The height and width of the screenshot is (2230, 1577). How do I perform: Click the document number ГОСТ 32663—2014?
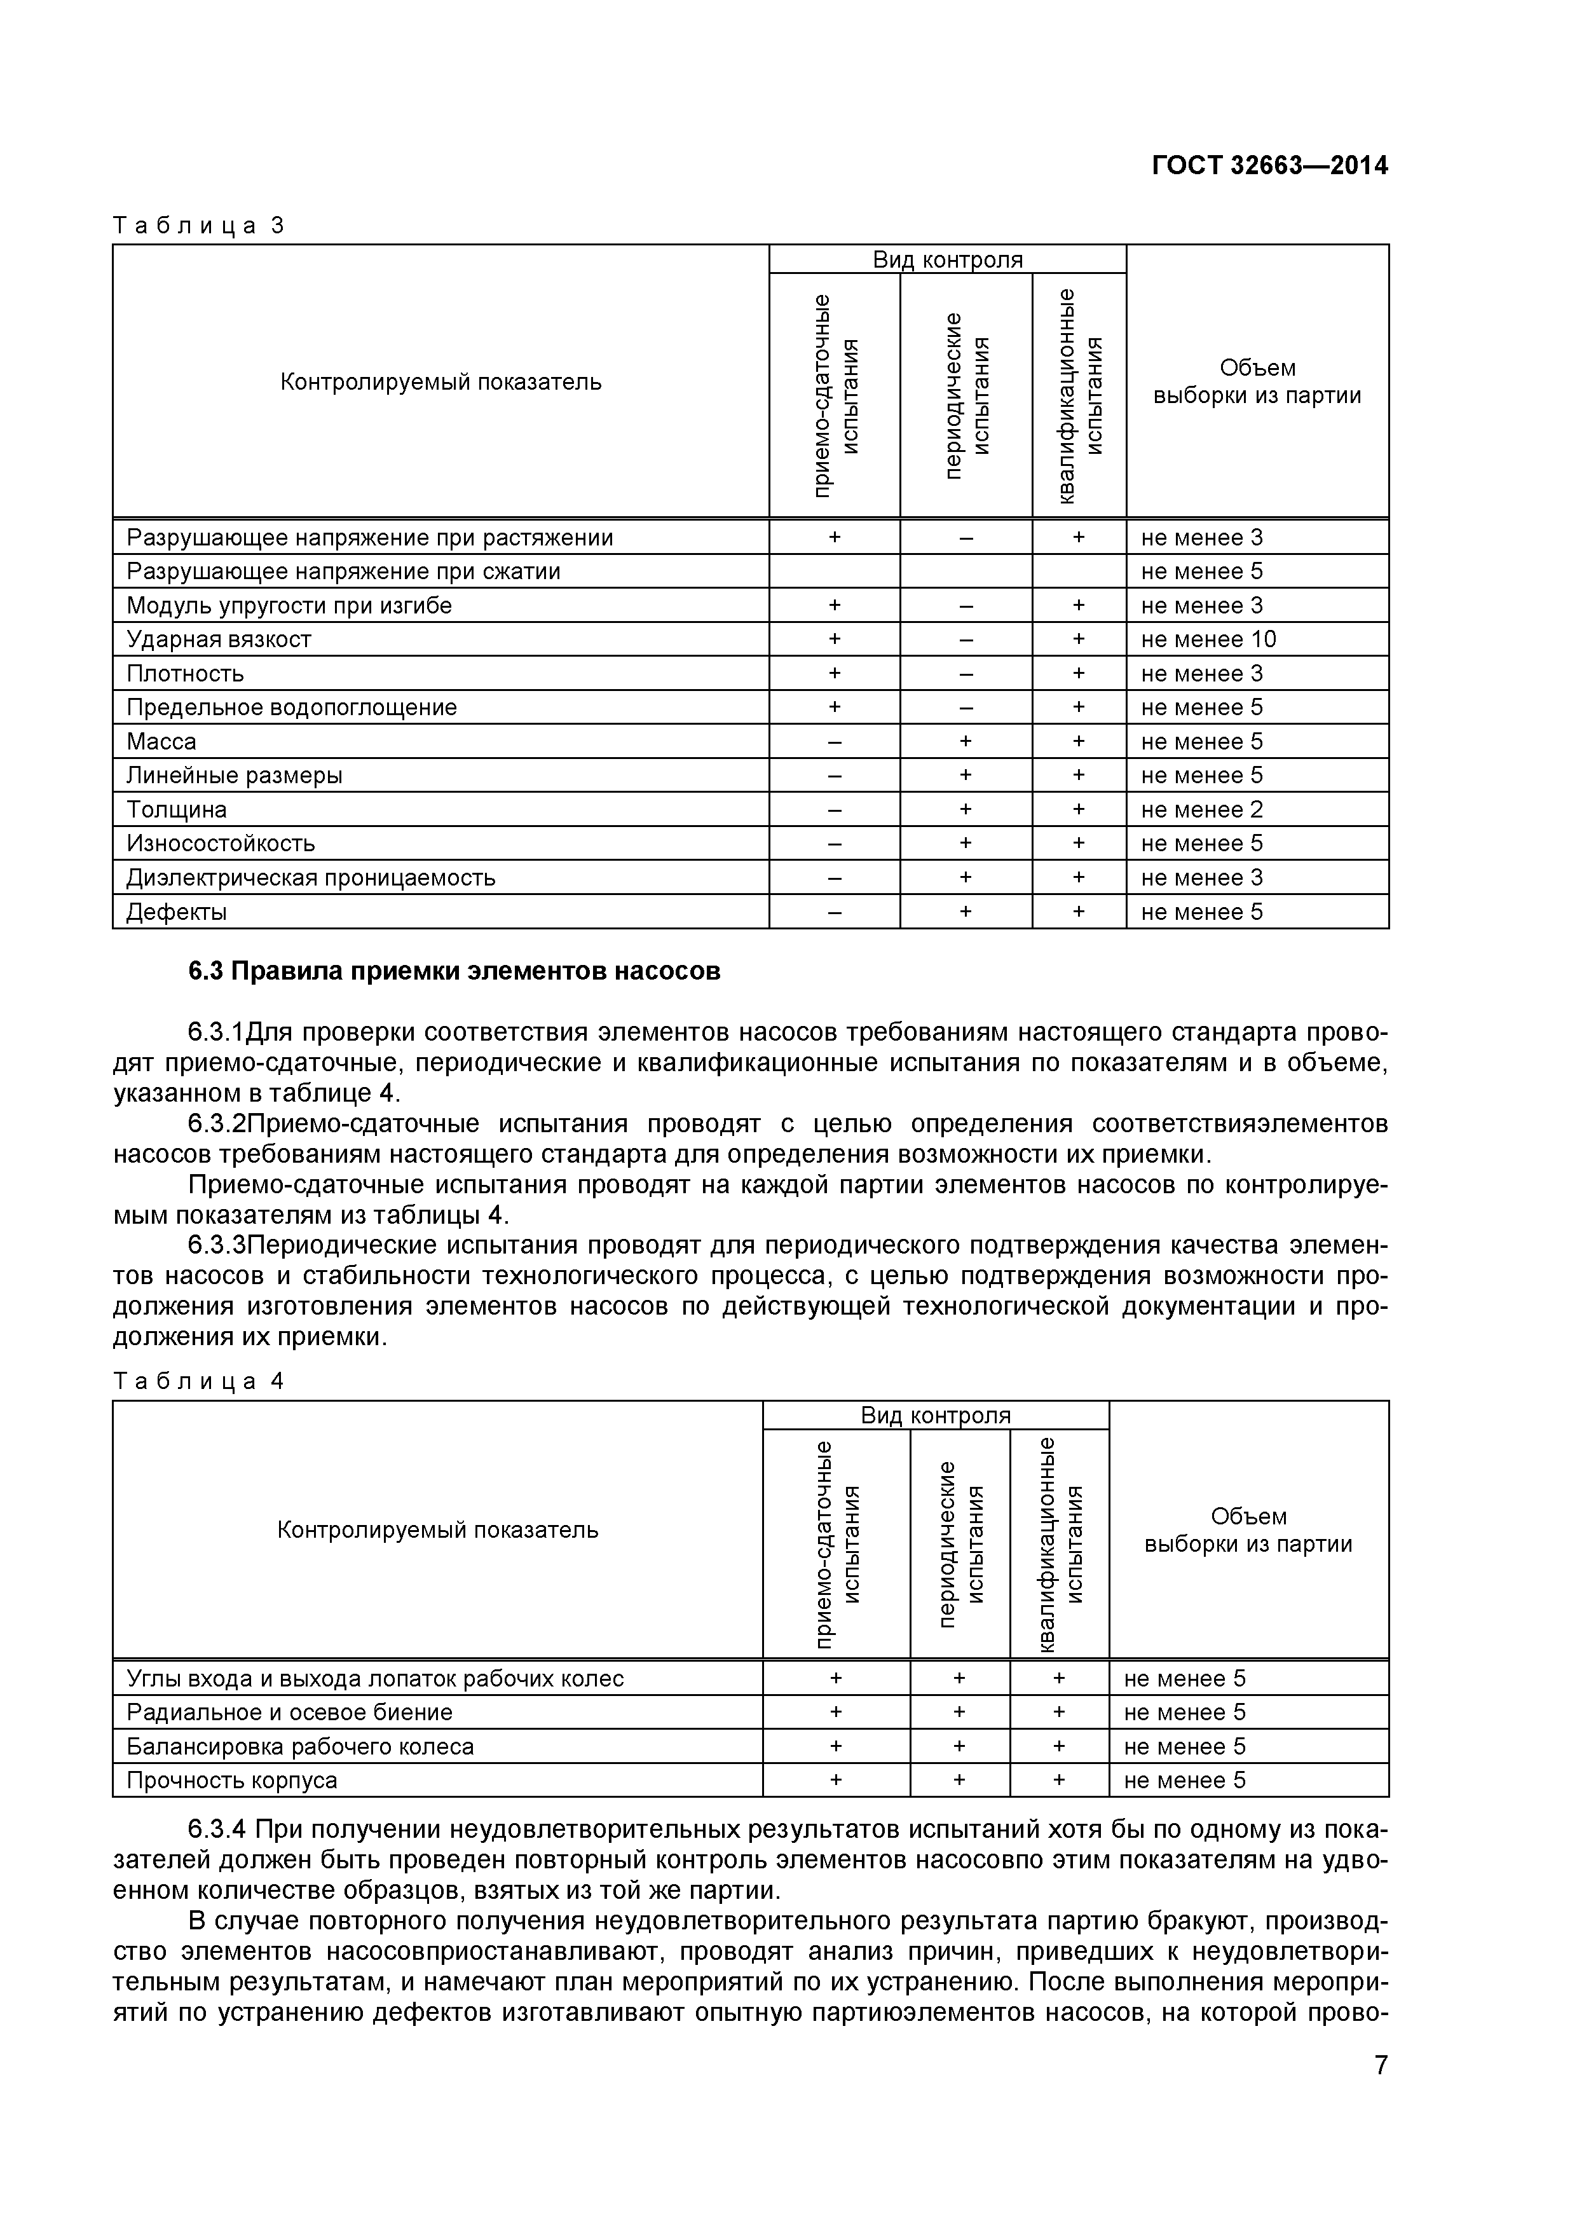point(1269,166)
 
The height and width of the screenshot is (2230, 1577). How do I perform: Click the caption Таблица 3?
point(198,226)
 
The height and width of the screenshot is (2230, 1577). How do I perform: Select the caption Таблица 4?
point(198,1381)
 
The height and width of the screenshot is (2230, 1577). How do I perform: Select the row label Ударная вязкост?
point(219,639)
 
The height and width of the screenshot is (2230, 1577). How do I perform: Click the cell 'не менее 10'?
point(1208,639)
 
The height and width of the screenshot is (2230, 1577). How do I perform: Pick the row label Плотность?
point(184,673)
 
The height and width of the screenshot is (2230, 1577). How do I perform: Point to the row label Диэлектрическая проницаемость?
point(311,878)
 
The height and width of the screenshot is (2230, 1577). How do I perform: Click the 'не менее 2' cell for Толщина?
point(1201,809)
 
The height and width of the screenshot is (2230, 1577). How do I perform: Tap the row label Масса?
point(161,742)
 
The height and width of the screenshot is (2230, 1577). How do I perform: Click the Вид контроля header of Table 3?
point(947,259)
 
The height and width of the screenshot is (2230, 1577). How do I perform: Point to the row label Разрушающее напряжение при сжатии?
point(343,571)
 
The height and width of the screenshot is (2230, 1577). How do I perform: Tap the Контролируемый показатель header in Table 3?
point(441,381)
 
